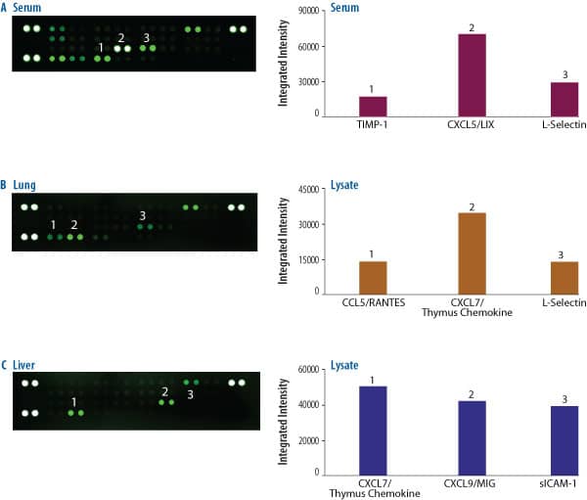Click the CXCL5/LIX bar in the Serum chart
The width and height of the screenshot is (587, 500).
click(472, 74)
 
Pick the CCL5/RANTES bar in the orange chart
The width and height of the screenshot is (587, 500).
click(373, 277)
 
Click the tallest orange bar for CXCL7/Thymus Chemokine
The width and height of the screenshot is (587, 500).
click(472, 252)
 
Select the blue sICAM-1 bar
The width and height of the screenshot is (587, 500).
click(571, 440)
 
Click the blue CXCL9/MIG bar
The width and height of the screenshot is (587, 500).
click(472, 438)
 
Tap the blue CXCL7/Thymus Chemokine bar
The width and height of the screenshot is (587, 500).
click(373, 431)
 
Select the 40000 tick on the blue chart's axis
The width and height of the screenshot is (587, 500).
click(312, 405)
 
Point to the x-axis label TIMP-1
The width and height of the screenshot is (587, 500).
click(373, 125)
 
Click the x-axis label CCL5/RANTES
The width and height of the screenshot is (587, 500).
click(373, 303)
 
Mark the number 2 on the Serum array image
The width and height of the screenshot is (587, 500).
click(121, 37)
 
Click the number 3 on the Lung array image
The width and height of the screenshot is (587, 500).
click(143, 215)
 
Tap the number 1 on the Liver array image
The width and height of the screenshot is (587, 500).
click(74, 401)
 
